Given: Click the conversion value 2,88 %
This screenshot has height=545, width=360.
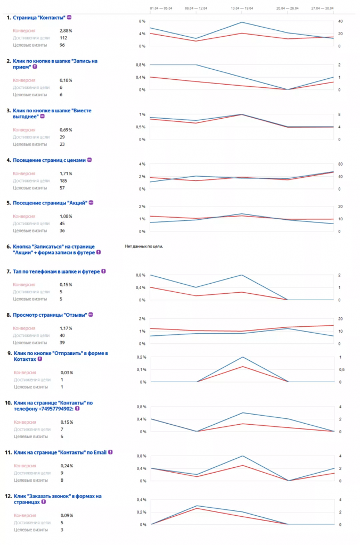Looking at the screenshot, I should (x=66, y=31).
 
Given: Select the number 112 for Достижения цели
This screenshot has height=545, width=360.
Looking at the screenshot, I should (x=63, y=38).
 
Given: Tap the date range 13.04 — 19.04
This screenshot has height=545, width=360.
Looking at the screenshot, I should (x=242, y=9).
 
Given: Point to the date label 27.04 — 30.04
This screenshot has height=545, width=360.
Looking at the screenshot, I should (x=322, y=9).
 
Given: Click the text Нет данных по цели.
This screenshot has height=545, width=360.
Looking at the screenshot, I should (x=144, y=246).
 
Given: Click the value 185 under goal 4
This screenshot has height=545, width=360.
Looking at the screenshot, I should (x=64, y=180).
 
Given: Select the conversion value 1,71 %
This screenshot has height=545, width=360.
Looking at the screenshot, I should (x=66, y=174).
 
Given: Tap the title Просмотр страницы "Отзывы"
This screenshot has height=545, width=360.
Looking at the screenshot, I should (x=50, y=315).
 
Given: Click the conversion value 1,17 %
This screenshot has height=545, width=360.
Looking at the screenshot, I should (x=66, y=328).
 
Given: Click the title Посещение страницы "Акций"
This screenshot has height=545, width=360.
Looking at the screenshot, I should (x=50, y=203).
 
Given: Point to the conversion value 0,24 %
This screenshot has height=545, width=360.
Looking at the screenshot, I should (x=66, y=466).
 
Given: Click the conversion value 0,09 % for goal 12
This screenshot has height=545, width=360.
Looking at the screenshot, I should (x=66, y=515).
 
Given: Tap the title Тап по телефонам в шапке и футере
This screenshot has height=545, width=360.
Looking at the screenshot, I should (x=56, y=271).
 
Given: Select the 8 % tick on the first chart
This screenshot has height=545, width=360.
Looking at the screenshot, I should (x=142, y=21).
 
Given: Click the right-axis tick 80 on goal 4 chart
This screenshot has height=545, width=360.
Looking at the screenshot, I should (x=341, y=164).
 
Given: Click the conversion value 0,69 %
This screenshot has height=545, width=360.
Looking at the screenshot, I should (x=66, y=130).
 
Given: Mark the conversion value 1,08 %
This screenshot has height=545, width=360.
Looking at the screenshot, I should (x=66, y=217).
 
